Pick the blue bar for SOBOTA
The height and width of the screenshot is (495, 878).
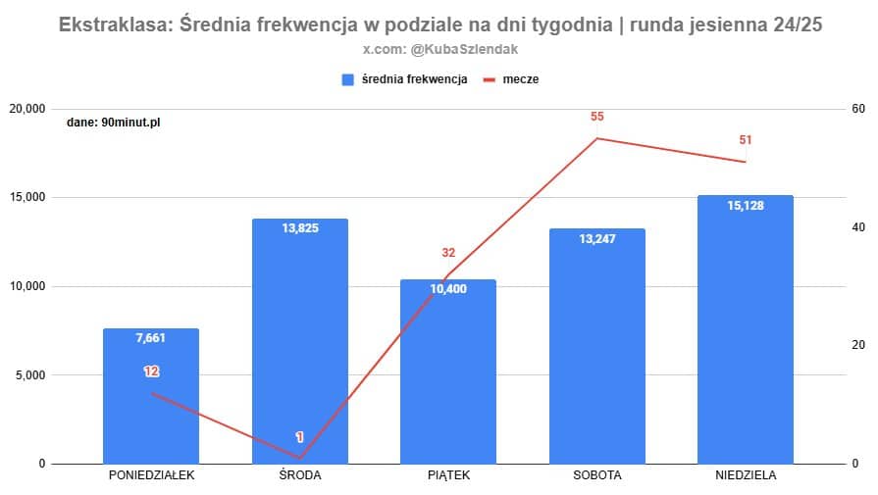click(596, 353)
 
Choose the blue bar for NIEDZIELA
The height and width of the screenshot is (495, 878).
click(745, 333)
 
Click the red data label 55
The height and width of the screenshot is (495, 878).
click(597, 117)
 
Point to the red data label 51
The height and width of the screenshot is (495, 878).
click(746, 140)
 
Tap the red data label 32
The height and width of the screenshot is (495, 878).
click(448, 253)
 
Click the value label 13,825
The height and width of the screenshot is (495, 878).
click(300, 227)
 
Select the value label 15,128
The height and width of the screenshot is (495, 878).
click(746, 205)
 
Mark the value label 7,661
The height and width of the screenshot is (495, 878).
click(151, 338)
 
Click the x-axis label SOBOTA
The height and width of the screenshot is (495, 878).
click(596, 476)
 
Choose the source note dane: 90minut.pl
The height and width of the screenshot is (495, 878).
click(113, 124)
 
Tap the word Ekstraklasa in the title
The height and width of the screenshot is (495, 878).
click(112, 25)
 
